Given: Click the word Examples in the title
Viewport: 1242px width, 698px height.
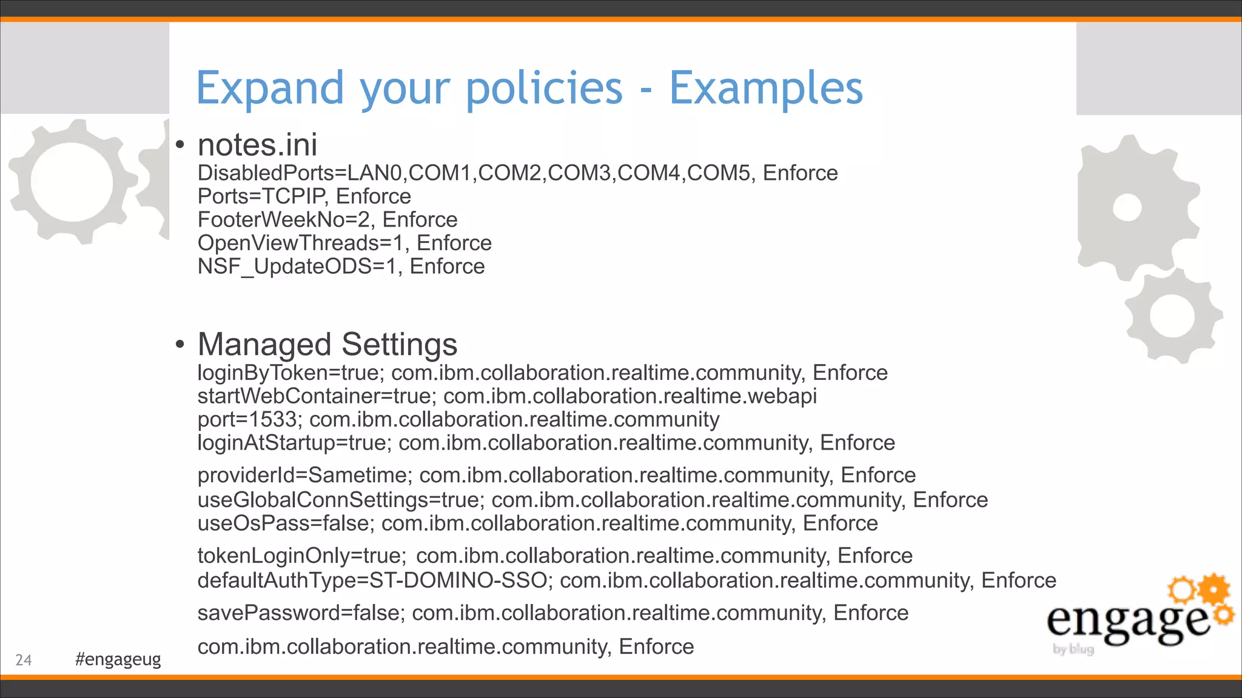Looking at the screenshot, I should pos(765,88).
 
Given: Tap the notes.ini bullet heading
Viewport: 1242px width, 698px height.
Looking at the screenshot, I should pos(257,145).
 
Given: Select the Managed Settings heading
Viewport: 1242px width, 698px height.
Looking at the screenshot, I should pos(327,344).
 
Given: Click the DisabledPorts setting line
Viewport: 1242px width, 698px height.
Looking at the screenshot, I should pos(517,173).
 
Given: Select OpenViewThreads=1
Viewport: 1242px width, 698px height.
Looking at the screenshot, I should pos(300,243).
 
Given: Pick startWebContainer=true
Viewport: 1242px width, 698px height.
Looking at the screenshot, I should pos(316,396).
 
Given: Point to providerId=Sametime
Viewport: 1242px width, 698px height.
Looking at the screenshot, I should pos(304,475).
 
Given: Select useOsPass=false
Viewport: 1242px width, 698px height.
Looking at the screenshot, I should pos(284,523).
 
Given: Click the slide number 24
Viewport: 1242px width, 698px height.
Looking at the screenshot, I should pos(24,660).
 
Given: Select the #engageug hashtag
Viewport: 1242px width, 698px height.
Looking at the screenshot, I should pos(118,659).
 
